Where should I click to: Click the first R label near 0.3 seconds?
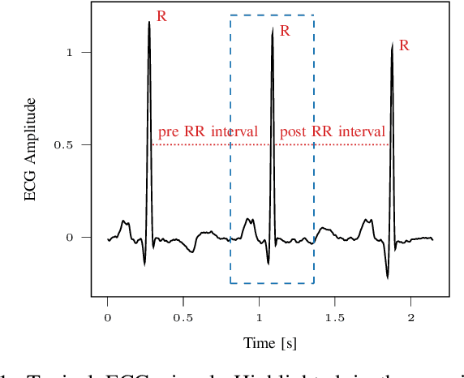click(x=161, y=16)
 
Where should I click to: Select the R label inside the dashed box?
click(x=285, y=31)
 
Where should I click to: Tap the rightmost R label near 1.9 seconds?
click(x=404, y=45)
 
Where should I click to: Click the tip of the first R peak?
click(x=149, y=22)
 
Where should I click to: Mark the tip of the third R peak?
click(x=392, y=43)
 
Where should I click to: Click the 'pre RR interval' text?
click(x=208, y=131)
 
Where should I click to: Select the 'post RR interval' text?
click(x=332, y=131)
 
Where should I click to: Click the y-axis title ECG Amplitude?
click(x=31, y=150)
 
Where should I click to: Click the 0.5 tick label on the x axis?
click(x=183, y=317)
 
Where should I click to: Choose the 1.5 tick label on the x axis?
click(x=334, y=317)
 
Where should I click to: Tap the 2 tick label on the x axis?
click(x=410, y=317)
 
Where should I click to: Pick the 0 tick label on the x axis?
click(x=108, y=317)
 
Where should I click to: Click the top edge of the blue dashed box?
click(x=272, y=15)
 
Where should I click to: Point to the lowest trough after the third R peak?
click(x=388, y=277)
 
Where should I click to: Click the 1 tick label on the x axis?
click(x=260, y=317)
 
